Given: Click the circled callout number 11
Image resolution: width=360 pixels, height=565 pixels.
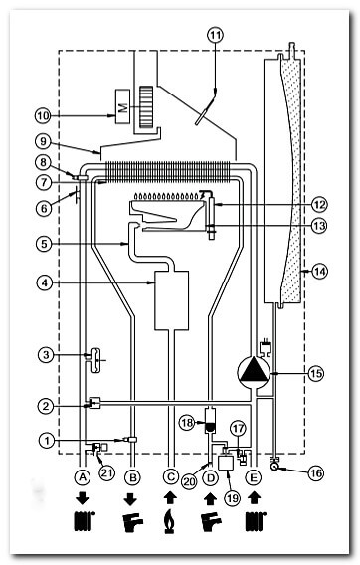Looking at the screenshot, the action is coord(215,35).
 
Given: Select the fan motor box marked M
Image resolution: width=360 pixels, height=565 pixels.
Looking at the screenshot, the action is coord(122,106).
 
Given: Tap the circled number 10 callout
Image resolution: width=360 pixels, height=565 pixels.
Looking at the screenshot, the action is coord(43,116).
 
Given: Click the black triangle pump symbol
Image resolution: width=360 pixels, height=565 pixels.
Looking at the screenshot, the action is coord(254,371).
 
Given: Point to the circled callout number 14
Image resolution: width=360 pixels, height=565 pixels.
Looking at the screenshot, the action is coord(319,271).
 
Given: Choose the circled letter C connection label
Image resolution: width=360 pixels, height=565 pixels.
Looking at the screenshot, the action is coord(170,477).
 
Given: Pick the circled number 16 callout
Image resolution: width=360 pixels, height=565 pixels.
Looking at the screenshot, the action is coord(315,473).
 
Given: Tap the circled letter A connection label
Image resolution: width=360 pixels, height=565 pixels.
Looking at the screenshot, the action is coord(83,477).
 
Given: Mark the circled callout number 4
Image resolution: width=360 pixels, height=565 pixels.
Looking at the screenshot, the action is coord(45,282).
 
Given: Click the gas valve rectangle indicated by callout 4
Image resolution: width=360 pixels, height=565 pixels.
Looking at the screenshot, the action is coord(171,300).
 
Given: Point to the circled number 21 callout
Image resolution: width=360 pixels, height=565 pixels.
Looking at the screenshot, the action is coord(106,472).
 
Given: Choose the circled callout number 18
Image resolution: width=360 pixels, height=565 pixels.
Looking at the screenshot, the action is coord(187,422).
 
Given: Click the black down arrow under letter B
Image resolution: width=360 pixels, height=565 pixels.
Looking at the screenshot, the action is coord(130,499).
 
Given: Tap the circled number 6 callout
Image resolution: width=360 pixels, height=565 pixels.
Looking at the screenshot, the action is coord(44,208).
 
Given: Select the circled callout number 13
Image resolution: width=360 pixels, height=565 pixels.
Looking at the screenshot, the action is coord(319,226).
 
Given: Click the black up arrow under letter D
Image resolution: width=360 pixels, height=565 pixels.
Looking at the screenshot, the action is coord(210,499).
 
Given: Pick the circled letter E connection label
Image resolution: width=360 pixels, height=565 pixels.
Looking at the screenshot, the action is coord(254,477).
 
